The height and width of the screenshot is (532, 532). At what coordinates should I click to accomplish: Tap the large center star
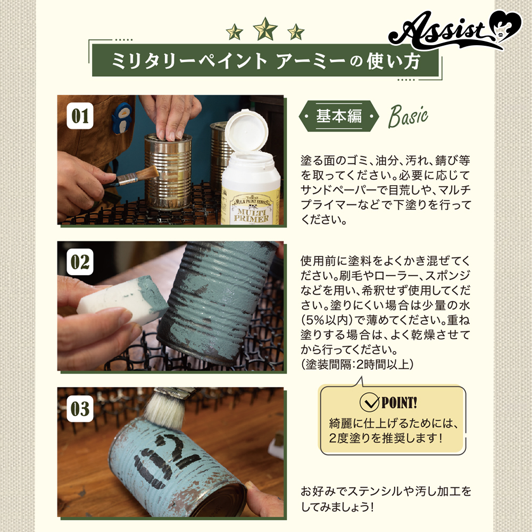coord(265,29)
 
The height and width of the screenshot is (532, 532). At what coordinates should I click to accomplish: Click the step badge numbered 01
coord(80,115)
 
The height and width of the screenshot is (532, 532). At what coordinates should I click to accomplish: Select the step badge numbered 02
coord(80,262)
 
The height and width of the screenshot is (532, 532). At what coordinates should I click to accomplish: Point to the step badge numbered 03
coord(80,409)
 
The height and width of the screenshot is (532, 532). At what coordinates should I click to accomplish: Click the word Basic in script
coord(408,117)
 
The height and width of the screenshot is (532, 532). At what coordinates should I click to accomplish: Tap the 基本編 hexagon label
coord(338,116)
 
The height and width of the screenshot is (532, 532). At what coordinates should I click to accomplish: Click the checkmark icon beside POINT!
coord(369,402)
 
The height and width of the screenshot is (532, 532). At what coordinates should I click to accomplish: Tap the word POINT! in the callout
coord(400,403)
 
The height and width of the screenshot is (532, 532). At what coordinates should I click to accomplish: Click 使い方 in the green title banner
coord(394,61)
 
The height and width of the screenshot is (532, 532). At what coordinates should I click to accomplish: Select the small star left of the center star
coord(235,32)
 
